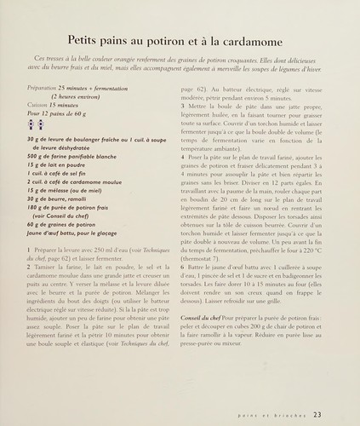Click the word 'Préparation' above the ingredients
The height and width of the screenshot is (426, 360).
(x=41, y=89)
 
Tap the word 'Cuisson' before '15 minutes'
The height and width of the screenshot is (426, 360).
(x=37, y=104)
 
